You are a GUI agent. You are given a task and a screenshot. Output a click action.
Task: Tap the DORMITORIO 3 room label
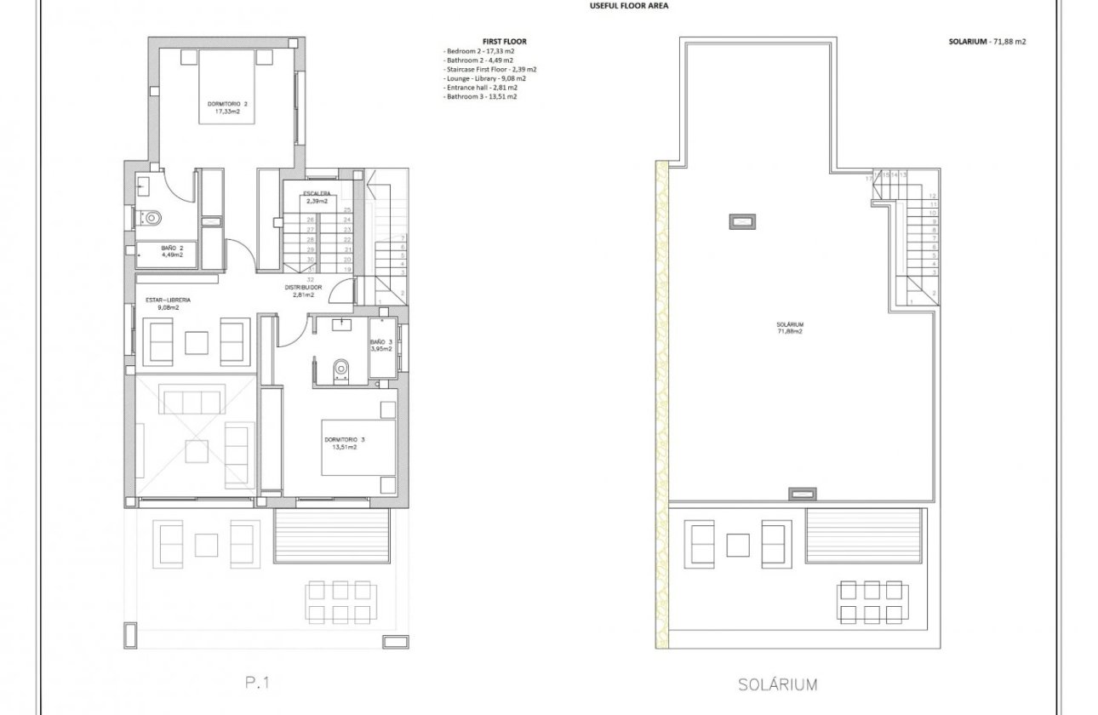click(345, 440)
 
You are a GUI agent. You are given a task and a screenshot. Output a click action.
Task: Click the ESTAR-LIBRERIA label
click(168, 300)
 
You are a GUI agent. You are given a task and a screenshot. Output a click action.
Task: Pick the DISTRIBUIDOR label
click(304, 288)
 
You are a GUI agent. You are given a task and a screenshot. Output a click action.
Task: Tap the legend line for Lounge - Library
click(483, 78)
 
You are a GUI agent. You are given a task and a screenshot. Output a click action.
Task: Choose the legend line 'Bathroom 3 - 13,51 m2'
click(481, 97)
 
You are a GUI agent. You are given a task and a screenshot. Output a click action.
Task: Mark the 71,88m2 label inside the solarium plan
click(790, 331)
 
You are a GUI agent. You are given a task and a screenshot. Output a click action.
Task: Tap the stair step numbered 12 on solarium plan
click(934, 196)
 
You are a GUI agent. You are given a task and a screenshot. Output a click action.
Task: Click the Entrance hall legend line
click(481, 88)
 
